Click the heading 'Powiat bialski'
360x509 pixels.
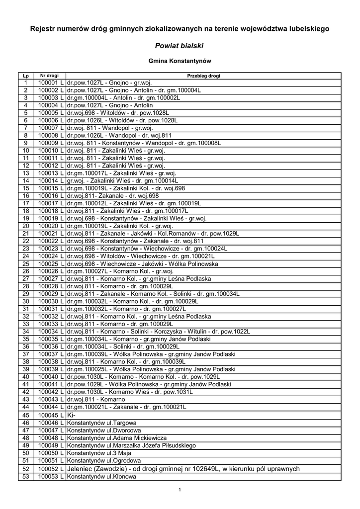click(180, 46)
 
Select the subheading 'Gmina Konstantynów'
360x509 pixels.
click(180, 61)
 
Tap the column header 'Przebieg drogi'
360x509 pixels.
click(203, 76)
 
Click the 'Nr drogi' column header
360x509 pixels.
click(49, 76)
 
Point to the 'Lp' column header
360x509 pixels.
click(26, 76)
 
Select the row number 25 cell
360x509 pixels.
click(26, 263)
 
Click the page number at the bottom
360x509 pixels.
click(180, 490)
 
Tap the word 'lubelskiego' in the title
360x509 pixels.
click(310, 29)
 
